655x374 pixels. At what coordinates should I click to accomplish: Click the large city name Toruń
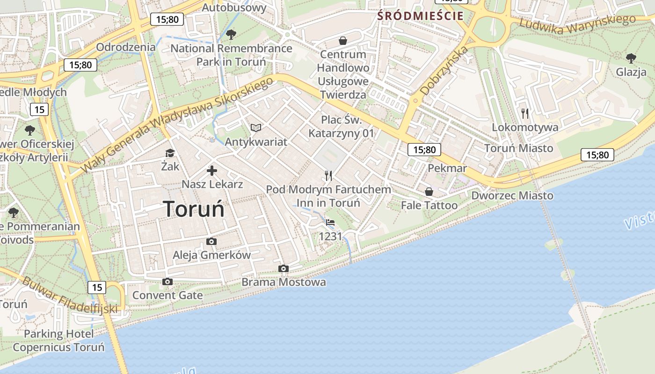(194, 209)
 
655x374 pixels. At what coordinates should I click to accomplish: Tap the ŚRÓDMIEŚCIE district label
(421, 16)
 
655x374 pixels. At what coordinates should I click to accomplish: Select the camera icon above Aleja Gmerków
(211, 241)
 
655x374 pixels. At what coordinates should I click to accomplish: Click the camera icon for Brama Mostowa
(283, 268)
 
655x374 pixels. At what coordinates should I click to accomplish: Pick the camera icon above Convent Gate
(167, 281)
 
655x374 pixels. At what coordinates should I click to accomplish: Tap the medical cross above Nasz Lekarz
(212, 170)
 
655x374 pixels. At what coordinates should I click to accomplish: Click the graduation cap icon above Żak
(170, 153)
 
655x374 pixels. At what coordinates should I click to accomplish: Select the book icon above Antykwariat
(256, 128)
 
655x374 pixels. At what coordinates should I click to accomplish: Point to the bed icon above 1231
(330, 223)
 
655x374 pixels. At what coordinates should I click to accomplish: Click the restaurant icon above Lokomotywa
(525, 113)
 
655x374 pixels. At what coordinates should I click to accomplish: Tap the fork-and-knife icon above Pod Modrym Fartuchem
(328, 176)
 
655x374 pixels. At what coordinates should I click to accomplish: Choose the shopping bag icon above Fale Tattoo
(429, 192)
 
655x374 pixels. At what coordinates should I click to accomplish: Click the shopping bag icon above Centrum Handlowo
(343, 41)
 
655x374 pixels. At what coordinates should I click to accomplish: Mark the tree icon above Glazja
(631, 58)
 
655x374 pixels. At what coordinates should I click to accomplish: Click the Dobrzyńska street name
(444, 71)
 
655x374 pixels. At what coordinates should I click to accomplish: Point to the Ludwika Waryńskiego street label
(577, 24)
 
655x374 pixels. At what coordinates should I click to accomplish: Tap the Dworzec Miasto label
(512, 195)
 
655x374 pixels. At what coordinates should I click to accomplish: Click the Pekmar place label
(447, 168)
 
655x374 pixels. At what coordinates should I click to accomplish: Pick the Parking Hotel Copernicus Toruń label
(58, 341)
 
